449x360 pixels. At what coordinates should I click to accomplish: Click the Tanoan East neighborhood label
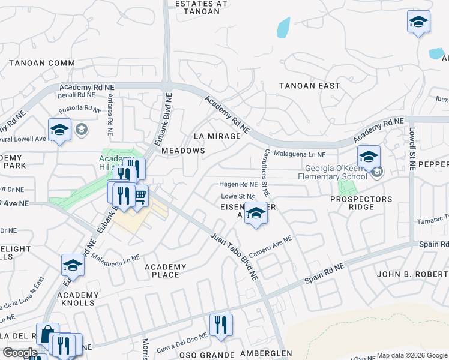309,86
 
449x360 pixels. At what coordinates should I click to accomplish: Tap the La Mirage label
217,136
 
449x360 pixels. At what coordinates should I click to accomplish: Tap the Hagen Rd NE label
238,185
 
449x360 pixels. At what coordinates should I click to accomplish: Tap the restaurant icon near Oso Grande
221,325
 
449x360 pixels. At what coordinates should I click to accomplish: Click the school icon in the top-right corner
418,22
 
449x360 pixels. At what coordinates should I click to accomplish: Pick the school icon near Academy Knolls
73,265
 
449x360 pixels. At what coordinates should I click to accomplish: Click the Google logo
20,353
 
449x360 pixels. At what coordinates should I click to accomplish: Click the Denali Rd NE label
77,95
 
